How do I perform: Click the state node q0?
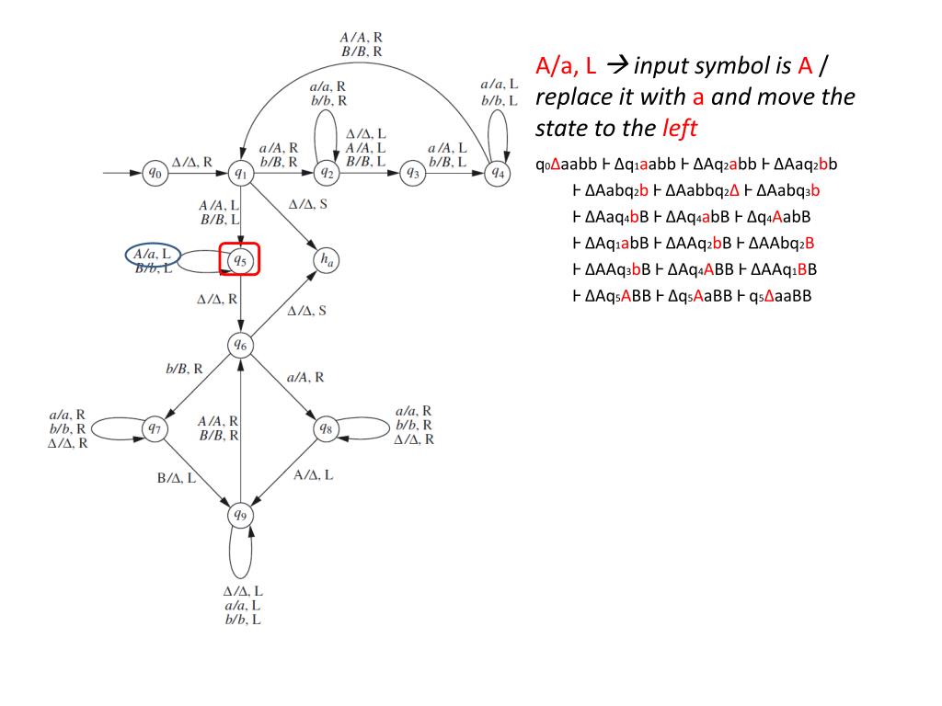[155, 172]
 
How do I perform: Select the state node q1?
[240, 172]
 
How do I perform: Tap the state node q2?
[326, 172]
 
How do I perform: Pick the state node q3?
[412, 172]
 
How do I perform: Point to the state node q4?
[498, 172]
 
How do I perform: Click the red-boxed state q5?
[240, 259]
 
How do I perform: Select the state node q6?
[240, 345]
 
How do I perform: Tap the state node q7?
[155, 428]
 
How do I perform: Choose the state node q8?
[326, 428]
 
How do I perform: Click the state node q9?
[240, 515]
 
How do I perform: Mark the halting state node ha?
[326, 259]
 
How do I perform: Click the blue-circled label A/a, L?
[152, 254]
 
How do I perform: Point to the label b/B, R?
[184, 369]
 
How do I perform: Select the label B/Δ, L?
[176, 477]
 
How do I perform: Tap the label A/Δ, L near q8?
[314, 474]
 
